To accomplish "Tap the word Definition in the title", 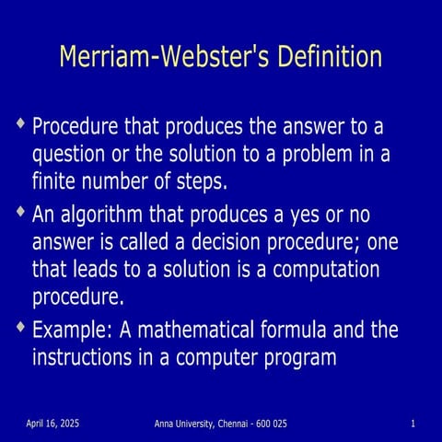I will tap(323, 57).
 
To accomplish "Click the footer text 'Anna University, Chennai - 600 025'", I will tap(220, 423).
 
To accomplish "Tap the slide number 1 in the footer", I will tap(414, 423).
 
